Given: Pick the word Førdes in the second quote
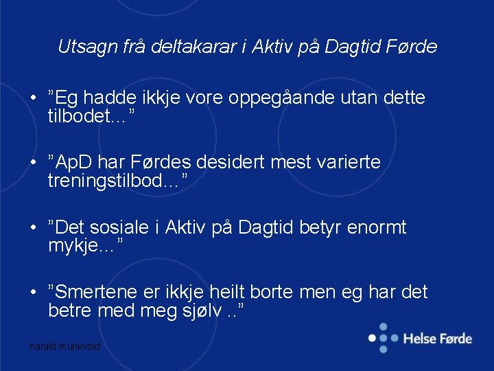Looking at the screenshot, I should coord(165,164).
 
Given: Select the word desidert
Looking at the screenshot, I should coord(231,164).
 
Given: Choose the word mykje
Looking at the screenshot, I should coord(73,245).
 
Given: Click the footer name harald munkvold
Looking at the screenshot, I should coord(65,347).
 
